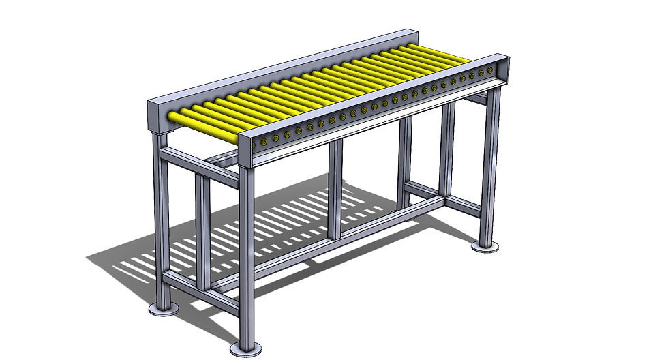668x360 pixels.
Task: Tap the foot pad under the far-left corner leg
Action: tap(164, 310)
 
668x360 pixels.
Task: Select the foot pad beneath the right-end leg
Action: tap(485, 246)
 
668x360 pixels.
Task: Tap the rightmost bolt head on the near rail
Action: tap(489, 71)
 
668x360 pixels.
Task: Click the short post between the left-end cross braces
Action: tap(202, 232)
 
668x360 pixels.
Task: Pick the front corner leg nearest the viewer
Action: tap(246, 259)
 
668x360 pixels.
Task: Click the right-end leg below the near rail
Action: tap(489, 164)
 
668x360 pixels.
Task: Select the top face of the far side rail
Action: tap(286, 65)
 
